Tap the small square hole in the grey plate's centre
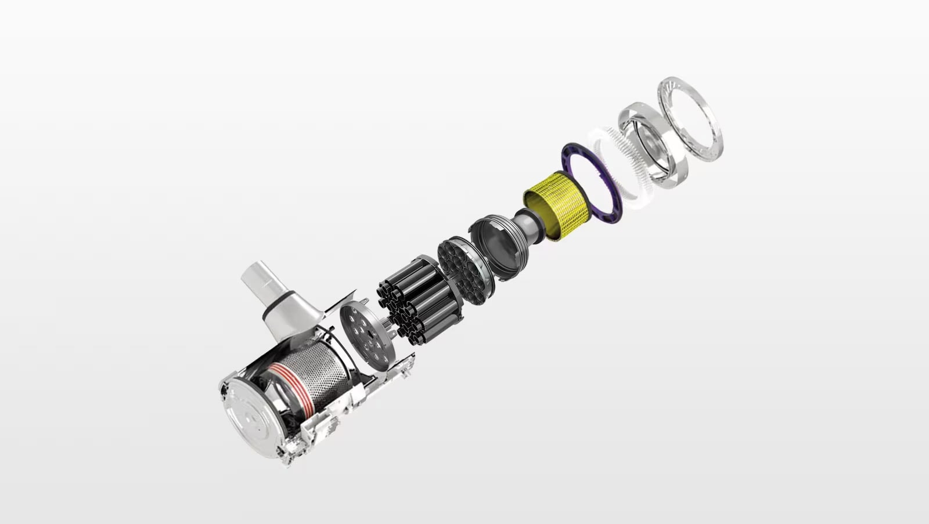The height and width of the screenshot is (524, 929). (368, 335)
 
